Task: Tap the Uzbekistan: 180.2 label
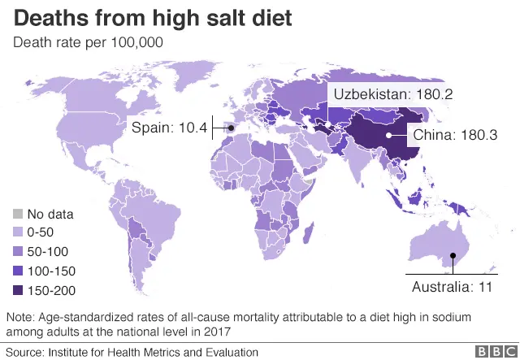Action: coord(390,95)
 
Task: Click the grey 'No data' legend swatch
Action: coord(17,215)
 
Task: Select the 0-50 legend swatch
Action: coord(17,233)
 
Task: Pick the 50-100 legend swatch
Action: coord(17,252)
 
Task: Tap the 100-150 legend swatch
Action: coord(17,271)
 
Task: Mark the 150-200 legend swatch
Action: coord(17,289)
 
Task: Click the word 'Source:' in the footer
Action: coord(25,352)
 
